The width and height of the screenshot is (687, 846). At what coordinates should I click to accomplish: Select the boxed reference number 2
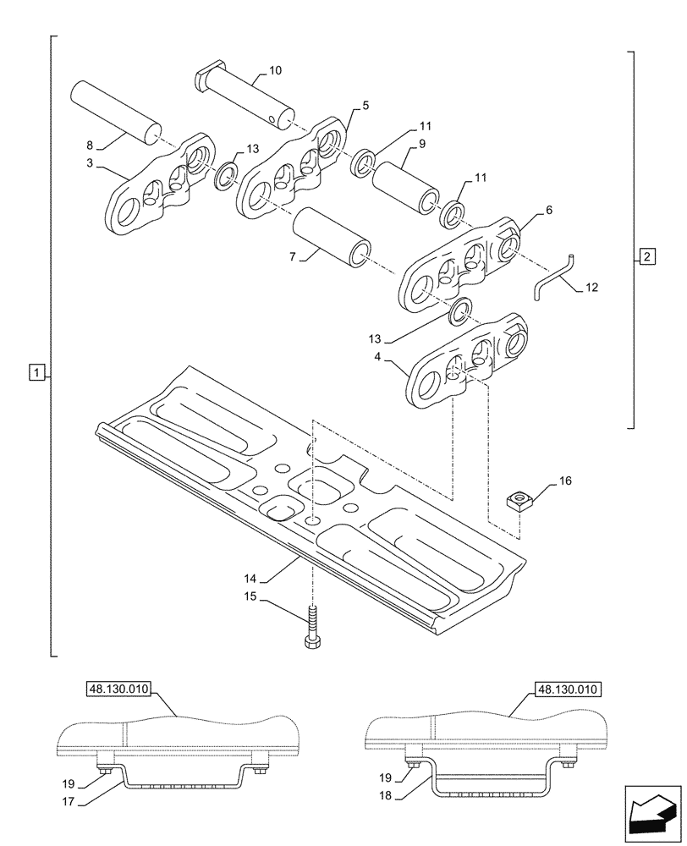point(646,256)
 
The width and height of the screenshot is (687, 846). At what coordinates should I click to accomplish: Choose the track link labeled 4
point(464,362)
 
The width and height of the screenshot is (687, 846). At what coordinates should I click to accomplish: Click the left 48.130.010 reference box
point(118,689)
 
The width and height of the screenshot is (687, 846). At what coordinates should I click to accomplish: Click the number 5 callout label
point(365,106)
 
